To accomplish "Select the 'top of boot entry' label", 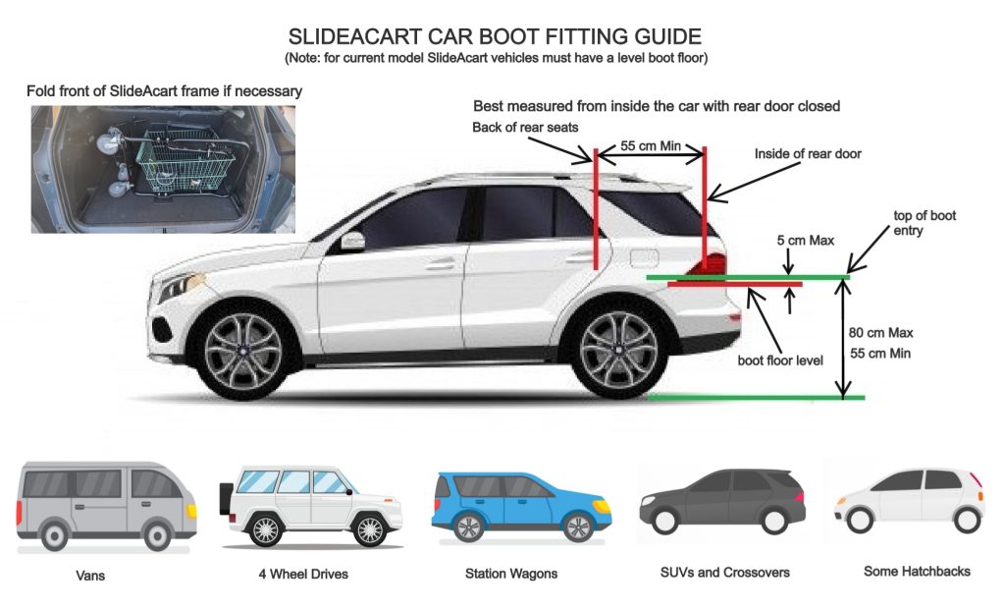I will (x=924, y=222).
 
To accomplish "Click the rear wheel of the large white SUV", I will (x=617, y=353).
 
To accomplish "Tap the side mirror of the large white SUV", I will (x=351, y=241).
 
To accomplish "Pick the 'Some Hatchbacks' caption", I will (x=917, y=571).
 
